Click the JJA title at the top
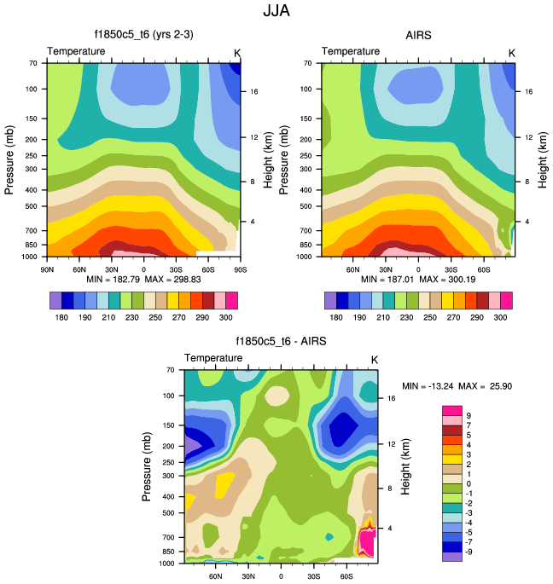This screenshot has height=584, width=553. coord(276,13)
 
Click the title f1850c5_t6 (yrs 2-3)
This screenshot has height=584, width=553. coord(143,36)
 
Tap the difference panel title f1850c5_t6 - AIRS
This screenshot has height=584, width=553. coord(281,342)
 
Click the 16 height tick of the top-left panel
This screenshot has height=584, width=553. coord(254,91)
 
